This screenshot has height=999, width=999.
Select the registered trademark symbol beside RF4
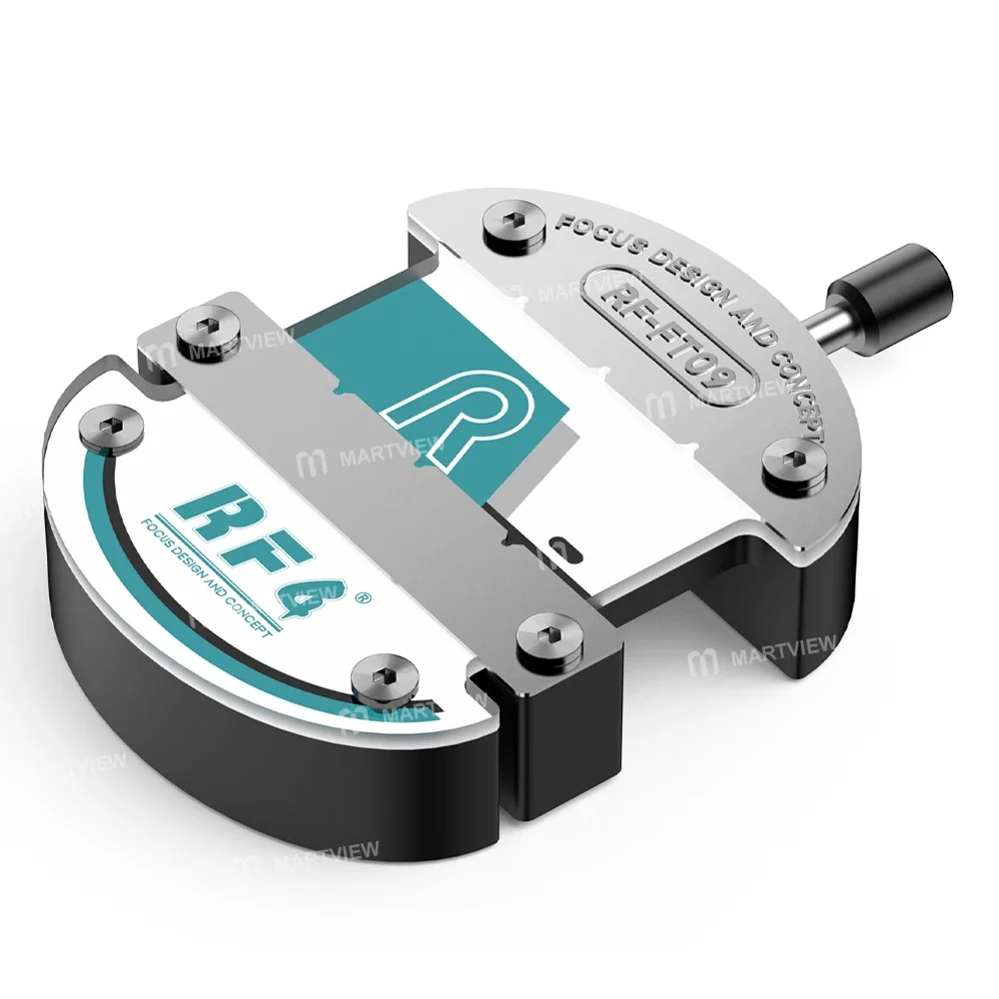pos(363,598)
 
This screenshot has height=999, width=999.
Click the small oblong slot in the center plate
pos(563,547)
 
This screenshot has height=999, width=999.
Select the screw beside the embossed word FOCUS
pos(514,224)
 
